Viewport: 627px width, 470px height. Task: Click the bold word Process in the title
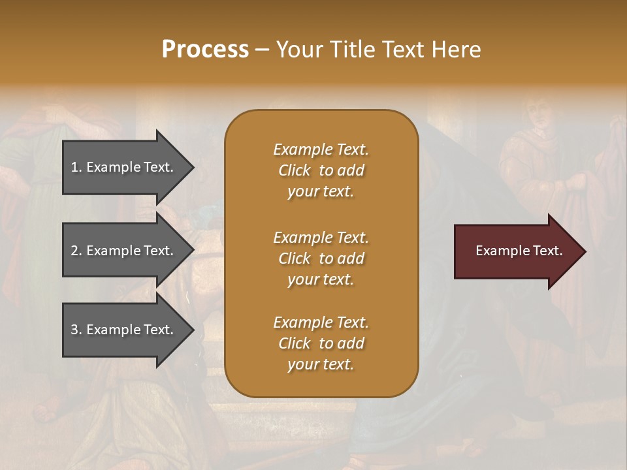[x=205, y=50]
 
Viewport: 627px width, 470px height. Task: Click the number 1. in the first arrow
[x=76, y=167]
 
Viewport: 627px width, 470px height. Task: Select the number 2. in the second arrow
[x=76, y=251]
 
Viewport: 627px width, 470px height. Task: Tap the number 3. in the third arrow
[x=76, y=330]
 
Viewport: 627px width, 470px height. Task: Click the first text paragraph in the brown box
[x=321, y=170]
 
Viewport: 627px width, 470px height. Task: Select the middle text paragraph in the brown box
[x=321, y=258]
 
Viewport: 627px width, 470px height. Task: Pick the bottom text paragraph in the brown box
[x=321, y=343]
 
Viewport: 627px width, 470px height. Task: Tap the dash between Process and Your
[x=263, y=50]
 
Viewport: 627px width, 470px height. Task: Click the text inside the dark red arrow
[x=519, y=251]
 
